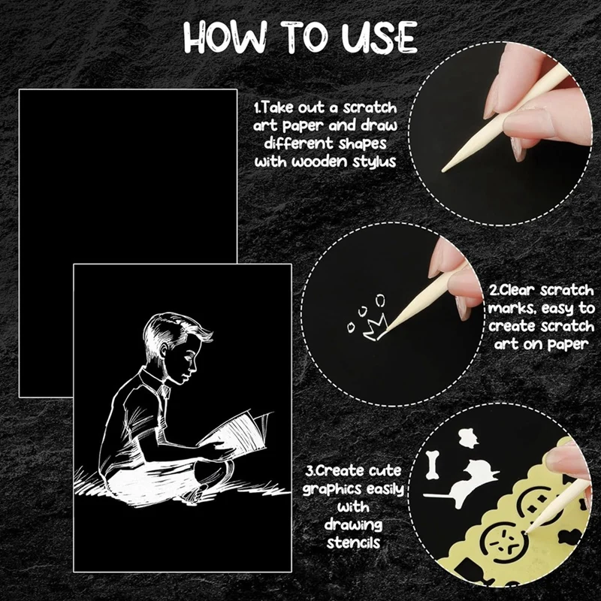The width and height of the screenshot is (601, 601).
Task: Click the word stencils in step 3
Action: [x=355, y=542]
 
